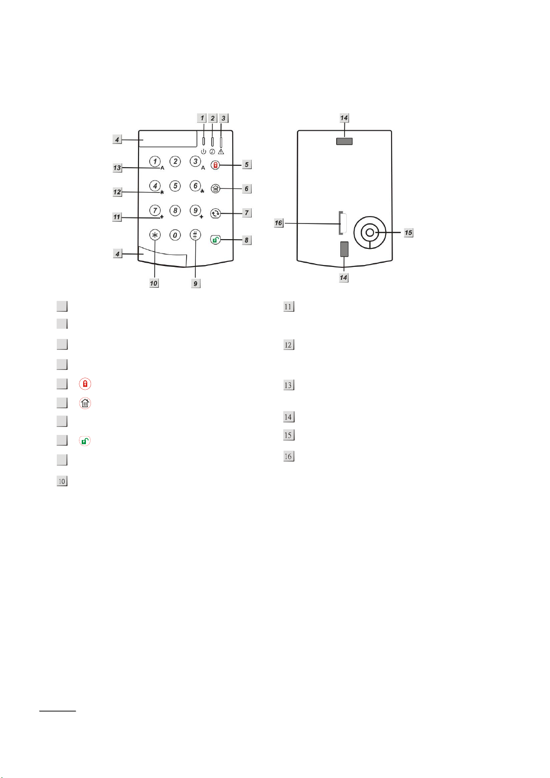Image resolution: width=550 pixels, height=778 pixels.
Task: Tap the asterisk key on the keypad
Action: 155,235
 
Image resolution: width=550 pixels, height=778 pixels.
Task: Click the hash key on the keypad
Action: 195,235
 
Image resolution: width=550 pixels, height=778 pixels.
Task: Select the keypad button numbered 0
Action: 175,235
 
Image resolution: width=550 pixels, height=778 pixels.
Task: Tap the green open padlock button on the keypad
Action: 215,240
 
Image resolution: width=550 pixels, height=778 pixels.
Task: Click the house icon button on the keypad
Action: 215,188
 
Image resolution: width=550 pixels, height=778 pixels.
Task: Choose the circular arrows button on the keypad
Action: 215,213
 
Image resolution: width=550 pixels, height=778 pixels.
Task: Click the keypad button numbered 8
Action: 175,211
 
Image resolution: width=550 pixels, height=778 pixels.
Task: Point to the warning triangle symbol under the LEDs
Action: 221,151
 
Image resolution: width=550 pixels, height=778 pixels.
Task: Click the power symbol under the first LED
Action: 203,151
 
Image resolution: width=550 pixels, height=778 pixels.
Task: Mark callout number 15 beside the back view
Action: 408,233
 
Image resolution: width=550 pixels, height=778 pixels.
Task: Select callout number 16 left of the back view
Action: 278,223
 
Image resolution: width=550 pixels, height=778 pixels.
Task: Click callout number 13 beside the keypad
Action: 117,168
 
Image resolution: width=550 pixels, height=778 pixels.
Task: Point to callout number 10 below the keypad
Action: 154,283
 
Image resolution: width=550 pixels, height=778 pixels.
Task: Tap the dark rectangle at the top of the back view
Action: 344,141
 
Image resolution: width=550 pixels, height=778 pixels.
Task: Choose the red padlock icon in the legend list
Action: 85,384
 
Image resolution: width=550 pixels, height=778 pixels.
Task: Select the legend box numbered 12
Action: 289,345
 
